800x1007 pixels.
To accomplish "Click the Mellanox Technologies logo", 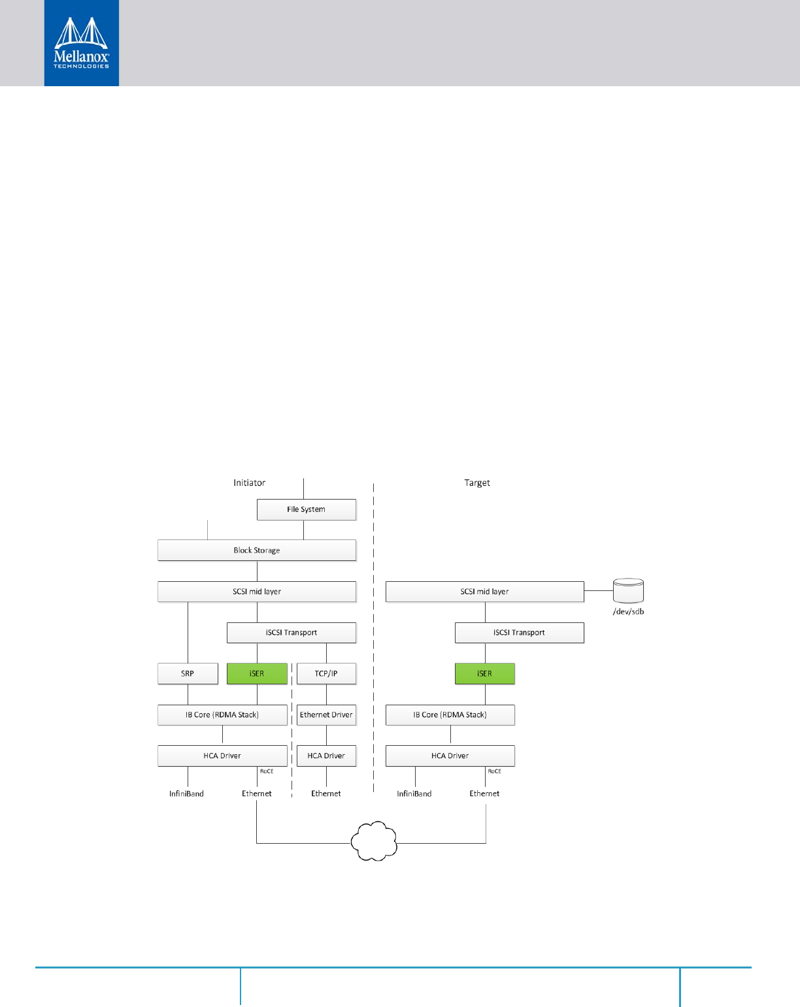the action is point(81,43).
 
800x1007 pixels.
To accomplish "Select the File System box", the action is point(306,509).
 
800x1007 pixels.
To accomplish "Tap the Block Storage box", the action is point(257,551).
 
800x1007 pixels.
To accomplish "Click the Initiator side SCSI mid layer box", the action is point(257,592).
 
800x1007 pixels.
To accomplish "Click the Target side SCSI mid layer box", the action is point(484,592).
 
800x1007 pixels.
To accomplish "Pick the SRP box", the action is point(188,673).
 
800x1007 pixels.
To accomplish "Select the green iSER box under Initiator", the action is point(257,673).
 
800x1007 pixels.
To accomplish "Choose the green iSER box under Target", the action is point(484,673).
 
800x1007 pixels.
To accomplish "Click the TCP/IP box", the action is point(326,673).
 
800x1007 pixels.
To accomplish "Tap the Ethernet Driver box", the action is point(326,714).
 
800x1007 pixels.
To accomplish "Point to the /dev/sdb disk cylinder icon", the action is point(628,590).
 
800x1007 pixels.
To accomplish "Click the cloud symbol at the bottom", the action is point(375,842).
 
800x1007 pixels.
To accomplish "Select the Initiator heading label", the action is point(250,483).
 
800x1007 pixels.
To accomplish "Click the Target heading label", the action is point(477,483).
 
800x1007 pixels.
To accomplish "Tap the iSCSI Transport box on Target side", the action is point(519,633).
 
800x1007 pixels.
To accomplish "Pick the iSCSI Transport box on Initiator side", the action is point(292,633).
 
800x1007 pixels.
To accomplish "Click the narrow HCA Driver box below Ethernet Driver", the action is point(326,756).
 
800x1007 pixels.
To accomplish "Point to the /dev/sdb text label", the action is point(628,612).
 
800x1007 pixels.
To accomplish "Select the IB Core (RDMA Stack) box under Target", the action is point(450,714).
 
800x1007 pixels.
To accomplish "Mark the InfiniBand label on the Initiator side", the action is point(186,794).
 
